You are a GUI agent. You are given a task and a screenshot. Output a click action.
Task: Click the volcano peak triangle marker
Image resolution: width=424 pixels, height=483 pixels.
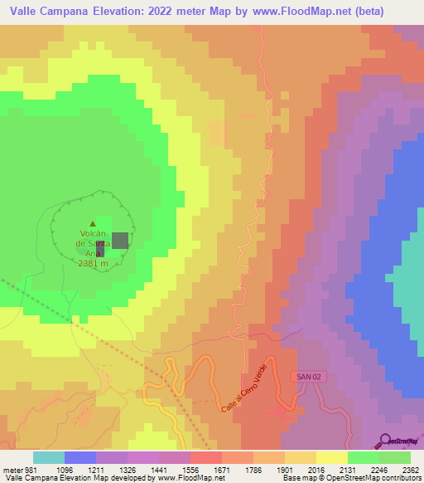tap(93, 223)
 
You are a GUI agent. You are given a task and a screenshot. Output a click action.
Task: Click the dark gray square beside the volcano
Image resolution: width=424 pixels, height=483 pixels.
tap(120, 241)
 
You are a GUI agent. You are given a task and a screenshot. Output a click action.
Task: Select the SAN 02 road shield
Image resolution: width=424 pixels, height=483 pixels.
tap(308, 377)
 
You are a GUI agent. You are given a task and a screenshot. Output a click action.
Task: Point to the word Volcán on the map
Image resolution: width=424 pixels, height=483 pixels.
tap(93, 233)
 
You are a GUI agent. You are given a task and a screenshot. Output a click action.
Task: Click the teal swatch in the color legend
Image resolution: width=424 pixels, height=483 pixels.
tap(49, 457)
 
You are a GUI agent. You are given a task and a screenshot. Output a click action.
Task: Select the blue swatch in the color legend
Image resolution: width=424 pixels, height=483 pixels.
tap(80, 457)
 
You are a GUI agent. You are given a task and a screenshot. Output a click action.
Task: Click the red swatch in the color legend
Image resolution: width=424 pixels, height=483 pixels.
tap(206, 457)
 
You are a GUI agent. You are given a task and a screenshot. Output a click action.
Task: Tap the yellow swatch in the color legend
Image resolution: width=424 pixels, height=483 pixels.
tap(332, 457)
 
